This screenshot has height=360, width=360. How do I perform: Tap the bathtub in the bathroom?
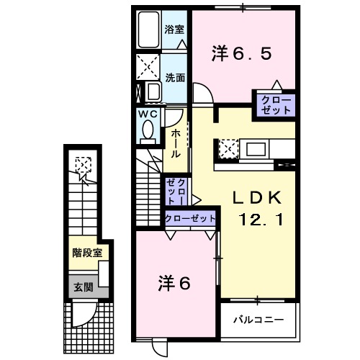[x=149, y=30]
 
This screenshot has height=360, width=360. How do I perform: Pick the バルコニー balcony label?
[x=258, y=319]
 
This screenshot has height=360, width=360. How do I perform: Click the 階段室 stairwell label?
[x=85, y=253]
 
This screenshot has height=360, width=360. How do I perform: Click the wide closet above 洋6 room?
[x=191, y=218]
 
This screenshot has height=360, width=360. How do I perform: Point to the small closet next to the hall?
[x=176, y=192]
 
